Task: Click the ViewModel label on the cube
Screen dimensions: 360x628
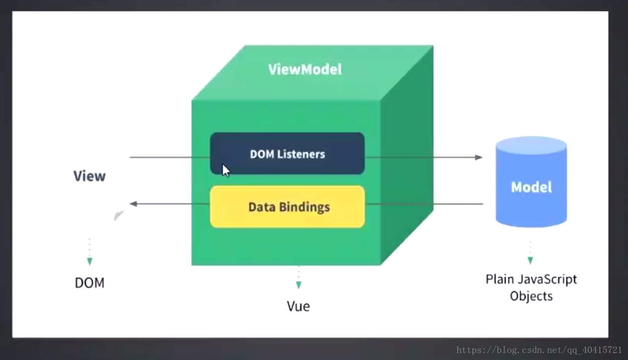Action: pyautogui.click(x=305, y=69)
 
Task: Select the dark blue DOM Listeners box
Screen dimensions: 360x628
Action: pyautogui.click(x=287, y=153)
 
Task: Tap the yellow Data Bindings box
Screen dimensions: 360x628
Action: pyautogui.click(x=287, y=207)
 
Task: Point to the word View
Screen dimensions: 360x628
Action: pyautogui.click(x=89, y=176)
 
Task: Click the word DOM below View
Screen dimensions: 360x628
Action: pyautogui.click(x=89, y=283)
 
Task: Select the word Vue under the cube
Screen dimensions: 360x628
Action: pyautogui.click(x=298, y=306)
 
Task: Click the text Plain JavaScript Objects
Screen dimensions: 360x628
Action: pyautogui.click(x=531, y=287)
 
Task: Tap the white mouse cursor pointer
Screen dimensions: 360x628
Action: pyautogui.click(x=226, y=170)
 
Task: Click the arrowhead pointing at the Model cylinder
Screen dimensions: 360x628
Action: pyautogui.click(x=479, y=157)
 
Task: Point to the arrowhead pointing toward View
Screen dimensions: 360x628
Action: pyautogui.click(x=134, y=204)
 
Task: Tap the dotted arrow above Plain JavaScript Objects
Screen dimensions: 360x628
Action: pyautogui.click(x=530, y=253)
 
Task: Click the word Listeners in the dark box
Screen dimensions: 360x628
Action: pyautogui.click(x=301, y=154)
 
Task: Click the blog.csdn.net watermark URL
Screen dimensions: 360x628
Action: pyautogui.click(x=539, y=350)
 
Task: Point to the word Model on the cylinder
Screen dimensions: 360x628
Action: pyautogui.click(x=531, y=187)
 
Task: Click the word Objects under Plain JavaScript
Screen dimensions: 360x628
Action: pyautogui.click(x=531, y=296)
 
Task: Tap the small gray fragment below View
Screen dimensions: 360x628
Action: pyautogui.click(x=118, y=216)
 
